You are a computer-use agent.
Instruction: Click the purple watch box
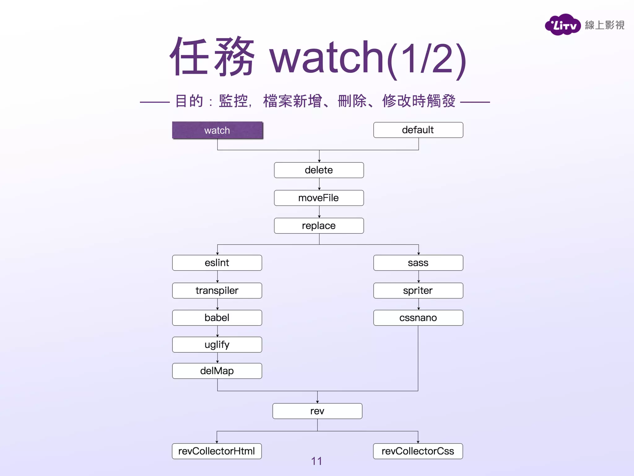(217, 130)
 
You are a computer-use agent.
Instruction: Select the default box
(418, 130)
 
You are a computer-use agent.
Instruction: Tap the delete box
(319, 170)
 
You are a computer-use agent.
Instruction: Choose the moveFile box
(319, 198)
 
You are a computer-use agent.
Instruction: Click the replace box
(319, 226)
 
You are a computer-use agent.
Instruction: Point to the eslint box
(217, 263)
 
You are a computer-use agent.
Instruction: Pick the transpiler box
(217, 291)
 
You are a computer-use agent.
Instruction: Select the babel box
(217, 318)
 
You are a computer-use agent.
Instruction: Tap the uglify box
(217, 345)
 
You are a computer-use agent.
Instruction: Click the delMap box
(217, 371)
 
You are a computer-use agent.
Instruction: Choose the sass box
(418, 263)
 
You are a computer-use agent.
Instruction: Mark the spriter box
(418, 291)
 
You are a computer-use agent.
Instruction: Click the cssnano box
(418, 318)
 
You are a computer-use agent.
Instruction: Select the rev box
(317, 411)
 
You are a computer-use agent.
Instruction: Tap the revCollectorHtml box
(217, 451)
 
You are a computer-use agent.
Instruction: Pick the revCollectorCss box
(418, 451)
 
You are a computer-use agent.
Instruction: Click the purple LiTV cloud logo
(562, 25)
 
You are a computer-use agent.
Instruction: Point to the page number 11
(316, 461)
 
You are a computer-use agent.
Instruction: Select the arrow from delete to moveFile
(319, 184)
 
